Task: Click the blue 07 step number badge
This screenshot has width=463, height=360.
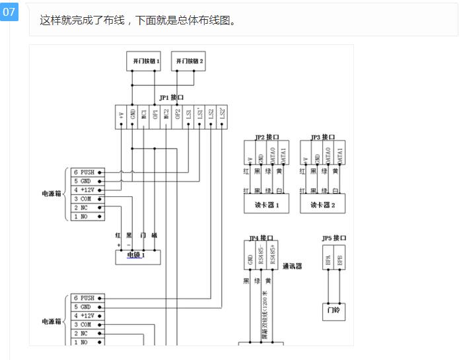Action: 9,11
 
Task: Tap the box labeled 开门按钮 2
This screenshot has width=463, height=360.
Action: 189,61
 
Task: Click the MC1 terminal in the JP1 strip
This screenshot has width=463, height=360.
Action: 144,116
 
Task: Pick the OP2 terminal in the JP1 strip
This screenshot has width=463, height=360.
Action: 177,116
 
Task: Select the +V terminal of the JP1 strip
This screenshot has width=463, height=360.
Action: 122,116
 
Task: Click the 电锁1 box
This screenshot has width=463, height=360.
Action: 137,256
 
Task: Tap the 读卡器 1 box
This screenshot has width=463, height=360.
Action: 267,205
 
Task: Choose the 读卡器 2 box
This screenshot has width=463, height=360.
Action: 323,205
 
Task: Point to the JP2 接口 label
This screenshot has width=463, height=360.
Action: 267,137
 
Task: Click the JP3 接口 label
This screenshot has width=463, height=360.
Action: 323,137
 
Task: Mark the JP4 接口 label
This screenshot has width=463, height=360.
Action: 261,238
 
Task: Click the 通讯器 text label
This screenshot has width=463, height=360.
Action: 293,267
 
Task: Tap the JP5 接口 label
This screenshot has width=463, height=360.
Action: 334,238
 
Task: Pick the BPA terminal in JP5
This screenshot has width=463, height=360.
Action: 328,260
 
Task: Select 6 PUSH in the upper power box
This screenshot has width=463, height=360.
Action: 88,172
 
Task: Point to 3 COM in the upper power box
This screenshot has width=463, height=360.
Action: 88,198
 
